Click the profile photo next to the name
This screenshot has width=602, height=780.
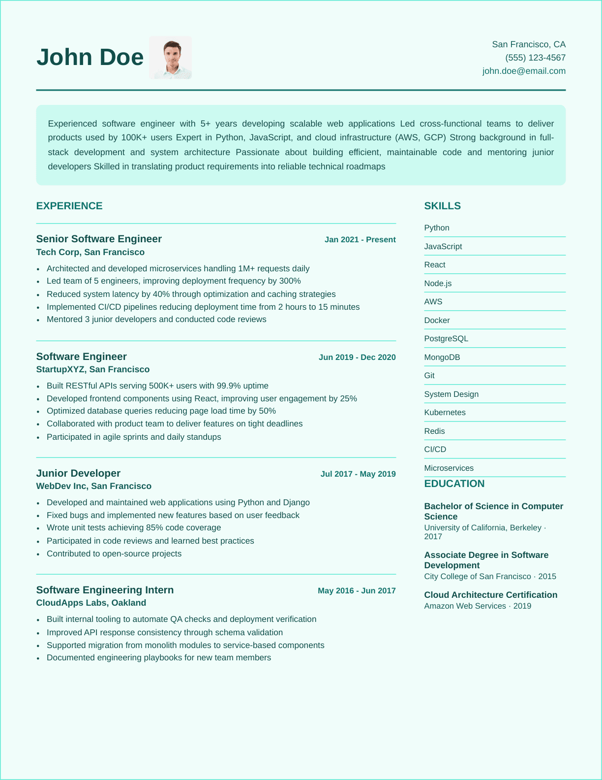170,58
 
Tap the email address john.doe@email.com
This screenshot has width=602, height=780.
524,71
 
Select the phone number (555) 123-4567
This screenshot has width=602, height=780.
535,58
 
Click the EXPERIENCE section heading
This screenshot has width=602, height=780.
69,206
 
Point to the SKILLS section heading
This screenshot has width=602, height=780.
442,206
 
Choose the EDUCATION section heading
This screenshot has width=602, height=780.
454,484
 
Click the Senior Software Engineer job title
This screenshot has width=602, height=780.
99,239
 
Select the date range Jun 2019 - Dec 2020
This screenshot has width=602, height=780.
357,357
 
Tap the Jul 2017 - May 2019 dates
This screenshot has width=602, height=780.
358,474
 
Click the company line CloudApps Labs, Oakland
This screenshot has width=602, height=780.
91,603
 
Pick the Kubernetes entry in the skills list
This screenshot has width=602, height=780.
445,413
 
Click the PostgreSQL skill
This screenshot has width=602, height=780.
446,339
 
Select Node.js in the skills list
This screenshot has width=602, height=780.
438,284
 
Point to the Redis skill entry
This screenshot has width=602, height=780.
434,431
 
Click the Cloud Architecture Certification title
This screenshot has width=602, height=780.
490,595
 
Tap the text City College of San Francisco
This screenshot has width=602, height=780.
478,576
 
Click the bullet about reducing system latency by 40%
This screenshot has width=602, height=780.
191,294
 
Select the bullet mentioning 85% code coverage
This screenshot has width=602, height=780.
134,527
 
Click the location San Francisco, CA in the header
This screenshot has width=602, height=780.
529,44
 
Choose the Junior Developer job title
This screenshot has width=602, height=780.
78,473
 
